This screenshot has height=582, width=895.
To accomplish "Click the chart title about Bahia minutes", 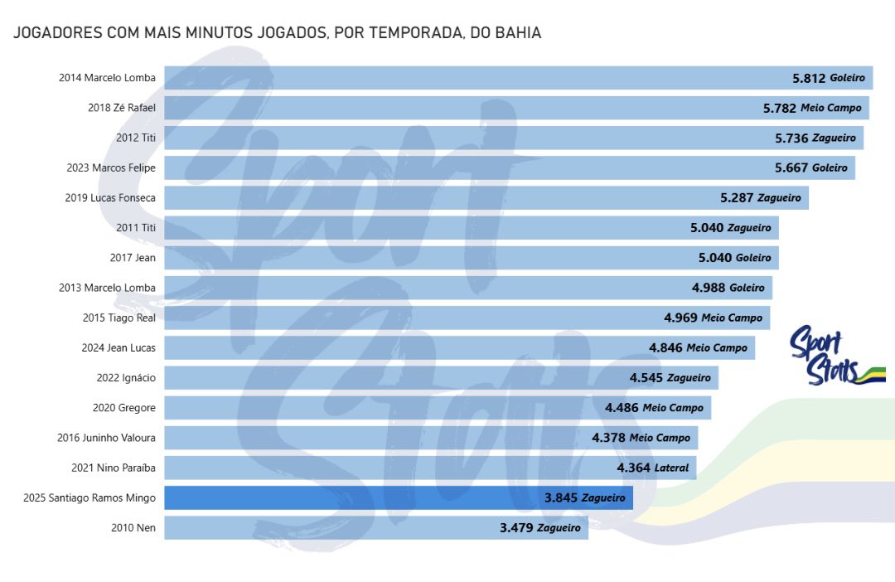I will pyautogui.click(x=278, y=34).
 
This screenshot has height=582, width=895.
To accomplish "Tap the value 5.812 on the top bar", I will pyautogui.click(x=809, y=78).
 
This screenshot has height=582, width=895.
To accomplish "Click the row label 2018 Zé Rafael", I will pyautogui.click(x=121, y=108).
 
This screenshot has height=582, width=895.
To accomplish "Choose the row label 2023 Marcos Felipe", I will pyautogui.click(x=111, y=168).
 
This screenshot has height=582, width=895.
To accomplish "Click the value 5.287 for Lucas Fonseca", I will pyautogui.click(x=738, y=198).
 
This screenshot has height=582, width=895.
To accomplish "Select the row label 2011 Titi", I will pyautogui.click(x=136, y=228).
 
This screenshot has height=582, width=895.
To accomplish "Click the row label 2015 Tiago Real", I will pyautogui.click(x=119, y=318).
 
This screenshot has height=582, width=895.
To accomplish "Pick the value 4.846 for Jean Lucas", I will pyautogui.click(x=665, y=348).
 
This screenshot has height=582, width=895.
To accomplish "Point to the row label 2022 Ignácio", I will pyautogui.click(x=126, y=378).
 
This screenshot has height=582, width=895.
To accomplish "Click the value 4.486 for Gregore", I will pyautogui.click(x=622, y=408).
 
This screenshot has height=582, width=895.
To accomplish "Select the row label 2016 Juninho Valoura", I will pyautogui.click(x=108, y=438).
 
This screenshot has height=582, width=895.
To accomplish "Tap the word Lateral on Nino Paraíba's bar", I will pyautogui.click(x=671, y=468).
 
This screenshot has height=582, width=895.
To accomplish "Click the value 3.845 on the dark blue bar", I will pyautogui.click(x=561, y=498).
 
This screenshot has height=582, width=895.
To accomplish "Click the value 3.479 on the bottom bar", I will pyautogui.click(x=516, y=527).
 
